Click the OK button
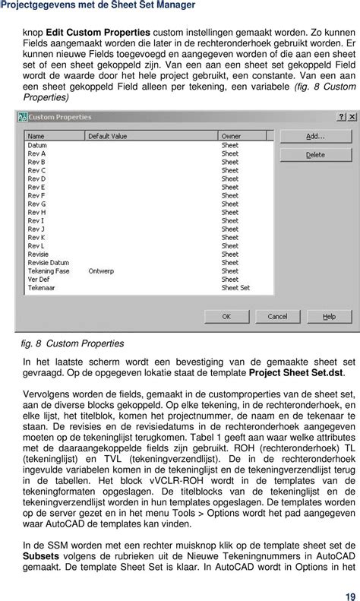226,316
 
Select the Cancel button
276,316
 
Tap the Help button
328,316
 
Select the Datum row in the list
37,144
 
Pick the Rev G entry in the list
37,204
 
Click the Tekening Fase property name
49,270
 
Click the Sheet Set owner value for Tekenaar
235,288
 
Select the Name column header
36,136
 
